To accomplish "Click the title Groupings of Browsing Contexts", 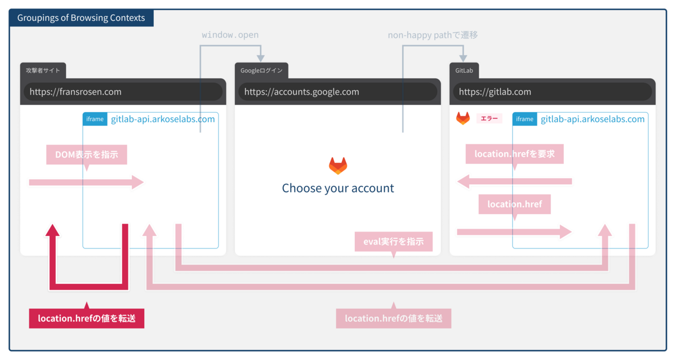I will (81, 18).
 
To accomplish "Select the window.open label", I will (230, 35).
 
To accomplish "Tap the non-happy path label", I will (433, 35).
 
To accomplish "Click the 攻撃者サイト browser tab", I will (43, 70).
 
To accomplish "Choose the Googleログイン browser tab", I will (261, 70).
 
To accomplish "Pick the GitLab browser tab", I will (464, 70).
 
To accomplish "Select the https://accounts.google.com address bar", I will (337, 92).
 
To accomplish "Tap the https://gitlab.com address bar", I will (552, 92).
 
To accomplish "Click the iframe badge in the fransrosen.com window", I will (95, 119).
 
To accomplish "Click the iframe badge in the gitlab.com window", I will (524, 119).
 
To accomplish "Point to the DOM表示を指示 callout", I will (86, 154).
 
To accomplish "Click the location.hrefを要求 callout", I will (514, 154).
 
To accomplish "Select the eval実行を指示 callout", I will (393, 242).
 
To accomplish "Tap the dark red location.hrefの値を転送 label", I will (86, 318).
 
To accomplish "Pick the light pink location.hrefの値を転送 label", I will (393, 318).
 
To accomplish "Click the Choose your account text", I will (338, 188).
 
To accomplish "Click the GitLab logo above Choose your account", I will (338, 166).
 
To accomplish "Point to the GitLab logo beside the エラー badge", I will (463, 118).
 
